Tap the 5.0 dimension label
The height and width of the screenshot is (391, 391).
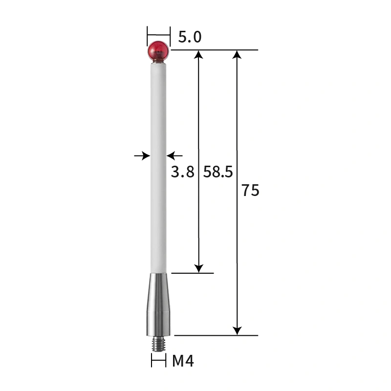coord(190,37)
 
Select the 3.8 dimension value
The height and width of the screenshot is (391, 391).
coord(183,172)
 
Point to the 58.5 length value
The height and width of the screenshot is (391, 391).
coord(218,172)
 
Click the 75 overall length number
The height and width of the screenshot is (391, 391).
coord(250,191)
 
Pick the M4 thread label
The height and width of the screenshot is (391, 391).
coord(183,362)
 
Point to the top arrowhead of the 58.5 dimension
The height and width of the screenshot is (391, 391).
coord(198,55)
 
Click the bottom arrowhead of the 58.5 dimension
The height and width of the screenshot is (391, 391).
coord(198,268)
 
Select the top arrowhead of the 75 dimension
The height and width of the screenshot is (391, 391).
coord(237,55)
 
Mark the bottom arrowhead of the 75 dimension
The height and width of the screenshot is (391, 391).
coord(237,331)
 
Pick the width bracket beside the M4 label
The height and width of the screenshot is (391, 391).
coord(158,362)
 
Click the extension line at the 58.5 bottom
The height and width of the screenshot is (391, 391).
coord(193,273)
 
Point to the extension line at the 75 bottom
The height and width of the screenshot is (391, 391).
coord(215,336)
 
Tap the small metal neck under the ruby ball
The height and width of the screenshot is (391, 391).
coord(158,62)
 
